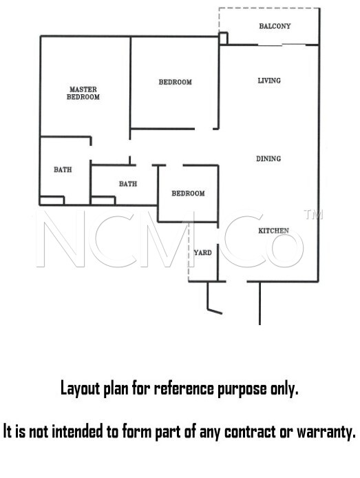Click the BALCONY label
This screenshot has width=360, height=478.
275,26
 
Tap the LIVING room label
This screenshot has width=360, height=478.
269,81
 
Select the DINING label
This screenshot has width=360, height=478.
268,158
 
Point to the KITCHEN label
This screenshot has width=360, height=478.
273,231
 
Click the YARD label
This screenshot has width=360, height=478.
203,253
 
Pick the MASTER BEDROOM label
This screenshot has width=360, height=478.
83,93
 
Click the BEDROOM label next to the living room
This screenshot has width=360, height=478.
175,82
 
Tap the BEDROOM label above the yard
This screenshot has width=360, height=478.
188,194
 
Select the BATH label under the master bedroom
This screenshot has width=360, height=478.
63,169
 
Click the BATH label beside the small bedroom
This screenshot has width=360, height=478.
128,184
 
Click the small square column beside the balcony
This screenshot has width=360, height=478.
223,39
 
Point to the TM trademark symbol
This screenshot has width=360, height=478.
313,215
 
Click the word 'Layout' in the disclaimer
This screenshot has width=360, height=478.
81,389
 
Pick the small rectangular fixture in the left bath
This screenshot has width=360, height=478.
52,200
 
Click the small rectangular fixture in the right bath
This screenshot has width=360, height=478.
103,200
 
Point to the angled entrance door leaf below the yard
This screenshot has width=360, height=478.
215,311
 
